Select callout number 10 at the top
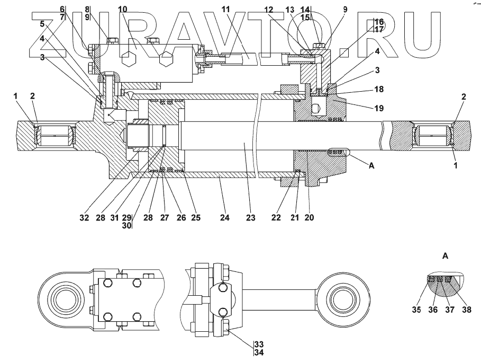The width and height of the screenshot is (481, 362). (x=122, y=10)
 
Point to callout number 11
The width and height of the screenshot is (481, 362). (x=226, y=10)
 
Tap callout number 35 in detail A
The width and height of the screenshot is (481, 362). (x=416, y=310)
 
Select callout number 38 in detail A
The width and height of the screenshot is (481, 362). (x=465, y=310)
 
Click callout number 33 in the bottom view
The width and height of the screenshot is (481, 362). (x=259, y=343)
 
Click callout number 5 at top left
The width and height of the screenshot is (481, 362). (x=42, y=24)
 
